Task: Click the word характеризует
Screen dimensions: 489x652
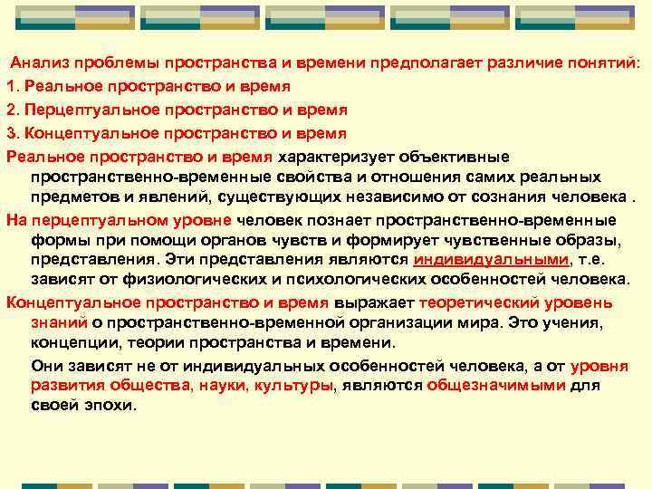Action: (x=333, y=156)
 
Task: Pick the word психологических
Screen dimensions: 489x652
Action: (x=336, y=281)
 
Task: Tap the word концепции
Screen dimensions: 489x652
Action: (x=71, y=343)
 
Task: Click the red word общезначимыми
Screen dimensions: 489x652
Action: (x=496, y=386)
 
